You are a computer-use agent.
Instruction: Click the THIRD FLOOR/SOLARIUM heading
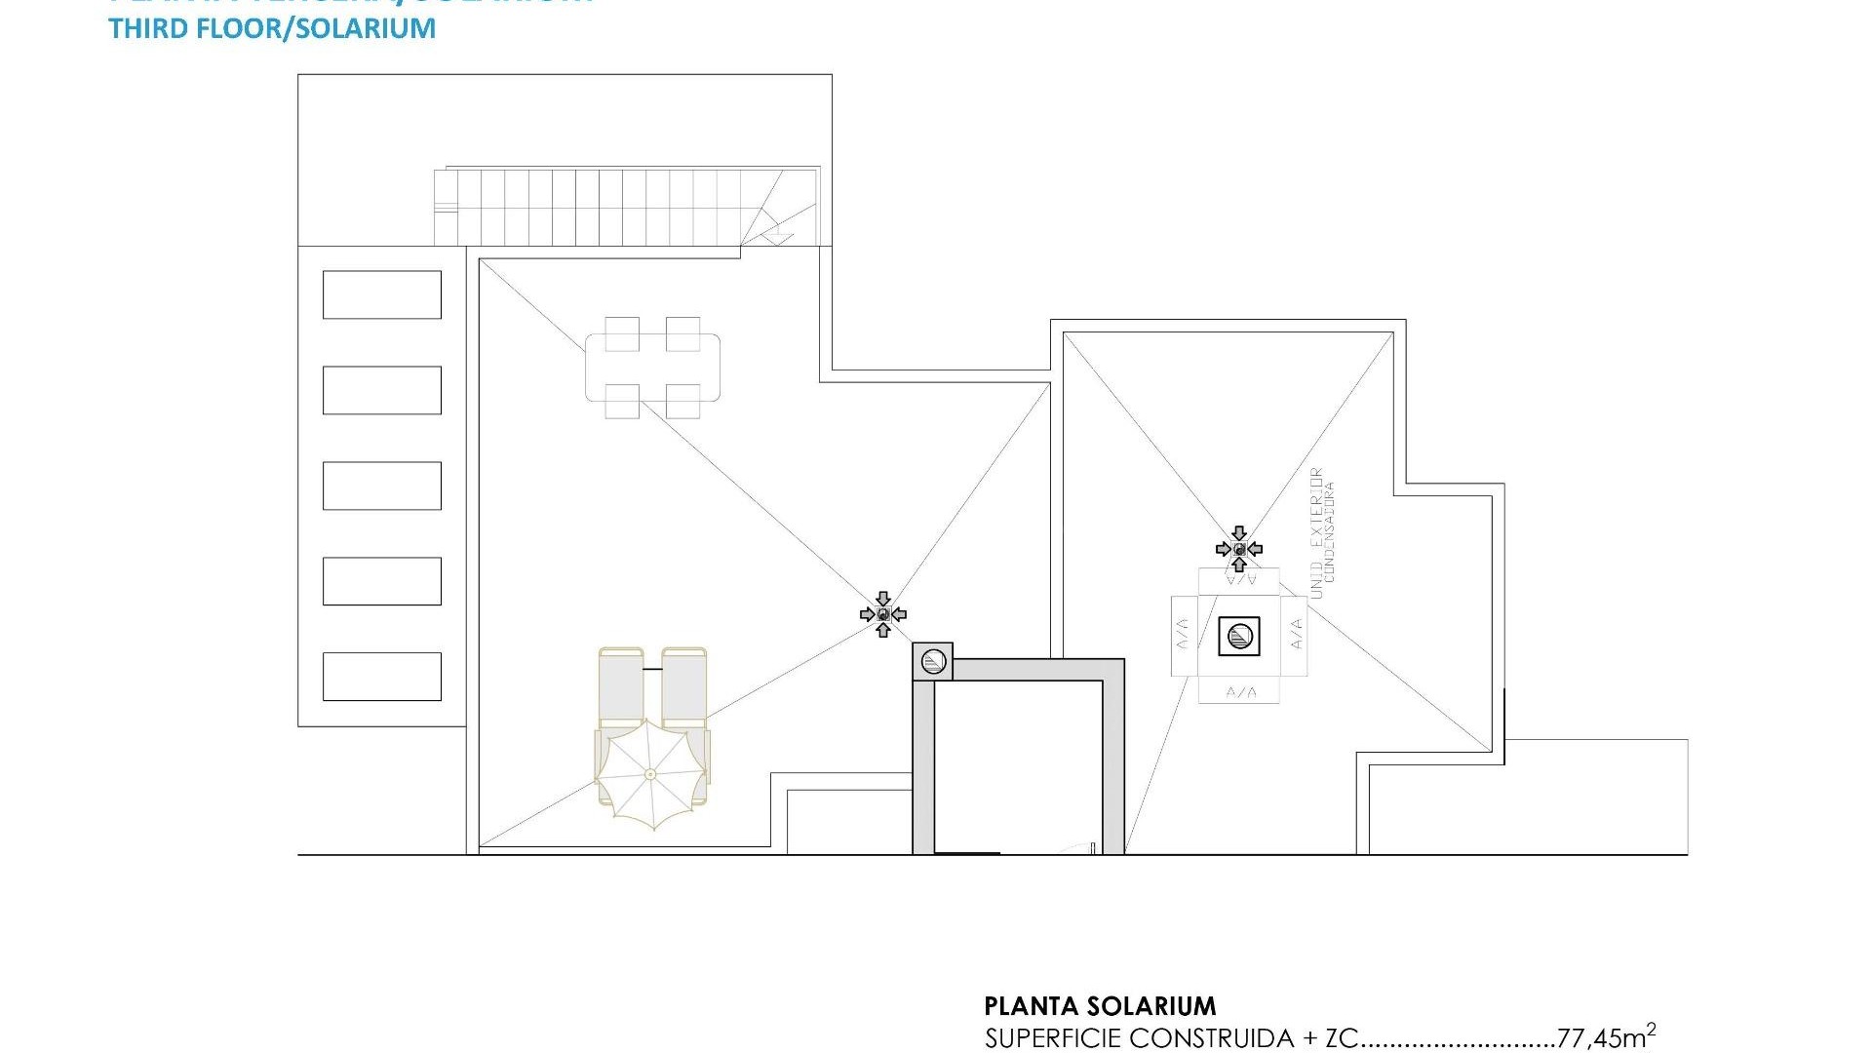click(x=272, y=28)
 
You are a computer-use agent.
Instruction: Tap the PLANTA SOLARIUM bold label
click(x=1100, y=1006)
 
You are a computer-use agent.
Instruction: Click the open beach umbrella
click(x=650, y=774)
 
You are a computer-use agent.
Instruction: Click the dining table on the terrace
click(x=652, y=368)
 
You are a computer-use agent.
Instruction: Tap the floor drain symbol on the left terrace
click(x=883, y=614)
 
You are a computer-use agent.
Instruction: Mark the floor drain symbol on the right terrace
click(x=1239, y=549)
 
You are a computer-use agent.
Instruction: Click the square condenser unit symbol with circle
click(x=1239, y=637)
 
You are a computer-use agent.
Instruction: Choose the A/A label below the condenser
click(x=1240, y=692)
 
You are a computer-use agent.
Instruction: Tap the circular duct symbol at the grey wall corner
click(x=933, y=662)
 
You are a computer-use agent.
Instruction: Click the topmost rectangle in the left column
click(x=381, y=294)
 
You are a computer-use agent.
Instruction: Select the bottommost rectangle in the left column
click(x=381, y=677)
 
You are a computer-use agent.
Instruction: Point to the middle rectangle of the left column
click(x=381, y=486)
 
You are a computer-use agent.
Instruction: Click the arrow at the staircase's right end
click(x=777, y=234)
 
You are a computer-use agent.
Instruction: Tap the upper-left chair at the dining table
click(x=622, y=332)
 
